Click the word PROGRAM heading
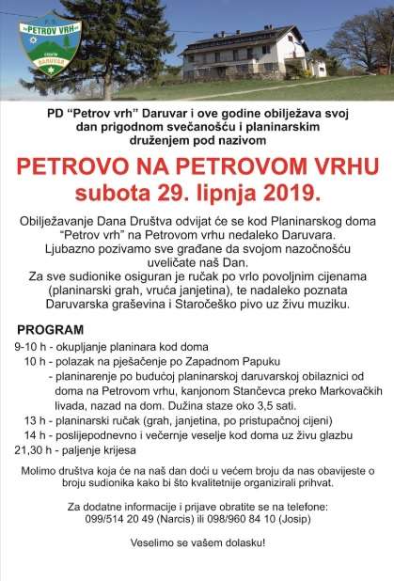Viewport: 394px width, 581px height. click(x=46, y=332)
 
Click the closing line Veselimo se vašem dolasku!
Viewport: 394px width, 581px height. click(x=197, y=542)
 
